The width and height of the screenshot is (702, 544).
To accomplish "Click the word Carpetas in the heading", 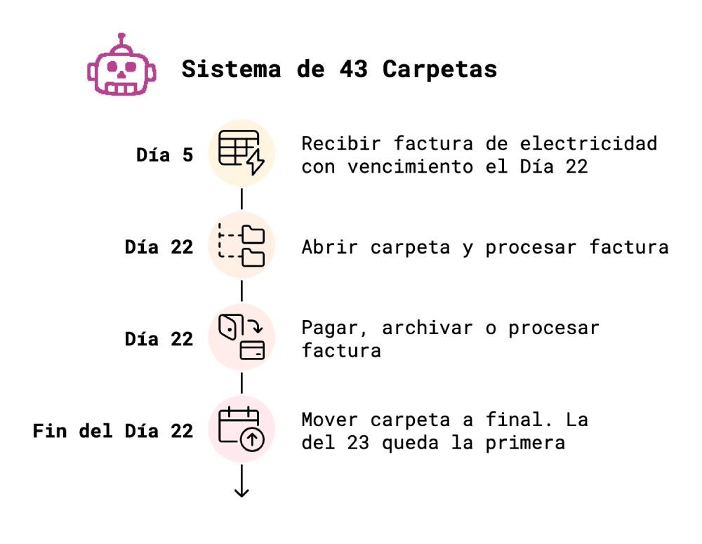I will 439,69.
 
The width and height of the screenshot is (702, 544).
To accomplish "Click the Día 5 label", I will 164,155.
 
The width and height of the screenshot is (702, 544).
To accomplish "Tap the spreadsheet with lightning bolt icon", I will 241,153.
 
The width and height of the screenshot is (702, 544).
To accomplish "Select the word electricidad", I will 589,143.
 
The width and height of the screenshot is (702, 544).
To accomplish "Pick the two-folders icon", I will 241,245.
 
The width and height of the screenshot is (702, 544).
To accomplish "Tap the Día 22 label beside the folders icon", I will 159,247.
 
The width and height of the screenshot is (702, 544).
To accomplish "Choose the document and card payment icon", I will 241,337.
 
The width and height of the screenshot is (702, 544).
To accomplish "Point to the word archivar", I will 428,328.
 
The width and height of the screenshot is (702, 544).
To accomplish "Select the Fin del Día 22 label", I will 112,430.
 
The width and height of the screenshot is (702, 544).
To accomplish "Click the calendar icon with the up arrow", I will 241,429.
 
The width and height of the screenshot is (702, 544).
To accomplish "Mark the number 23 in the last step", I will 358,443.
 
